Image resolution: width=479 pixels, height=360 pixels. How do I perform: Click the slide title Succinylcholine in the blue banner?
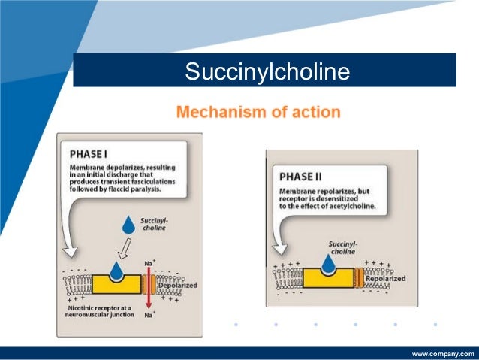point(268,72)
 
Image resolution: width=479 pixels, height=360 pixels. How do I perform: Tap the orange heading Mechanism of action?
point(258,113)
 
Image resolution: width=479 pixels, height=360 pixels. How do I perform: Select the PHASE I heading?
point(87,152)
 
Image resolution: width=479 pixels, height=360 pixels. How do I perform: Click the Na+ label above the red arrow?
point(149,263)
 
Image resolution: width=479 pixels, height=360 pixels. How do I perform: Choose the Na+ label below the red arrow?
point(149,316)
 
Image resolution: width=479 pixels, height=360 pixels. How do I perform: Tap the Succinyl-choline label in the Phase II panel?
point(342,247)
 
